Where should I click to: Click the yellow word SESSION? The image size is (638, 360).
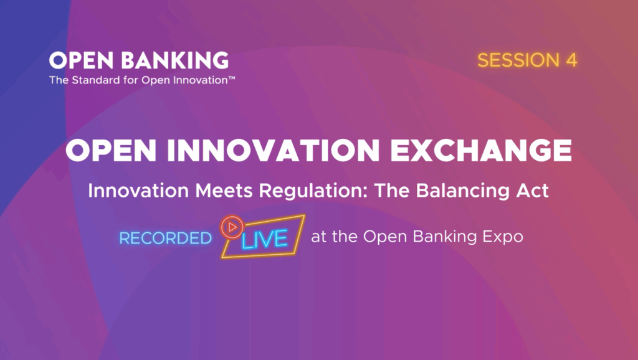[519, 60]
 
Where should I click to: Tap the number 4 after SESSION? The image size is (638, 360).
[571, 60]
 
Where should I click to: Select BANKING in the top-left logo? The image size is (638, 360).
[175, 60]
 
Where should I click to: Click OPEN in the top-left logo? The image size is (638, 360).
[82, 60]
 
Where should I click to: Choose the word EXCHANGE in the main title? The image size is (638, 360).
[480, 150]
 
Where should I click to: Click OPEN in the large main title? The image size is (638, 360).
[111, 150]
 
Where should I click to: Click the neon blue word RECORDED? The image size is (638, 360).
[166, 239]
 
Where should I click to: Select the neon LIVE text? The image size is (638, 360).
[264, 239]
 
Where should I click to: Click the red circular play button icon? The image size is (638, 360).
[232, 227]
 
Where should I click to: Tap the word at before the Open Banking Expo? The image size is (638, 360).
[318, 237]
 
